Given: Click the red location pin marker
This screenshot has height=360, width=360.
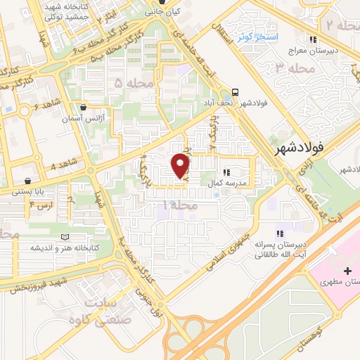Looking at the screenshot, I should [181, 166].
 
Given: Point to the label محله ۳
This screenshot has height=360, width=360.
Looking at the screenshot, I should [292, 68].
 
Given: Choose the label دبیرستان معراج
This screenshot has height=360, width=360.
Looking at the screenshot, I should [314, 51].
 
